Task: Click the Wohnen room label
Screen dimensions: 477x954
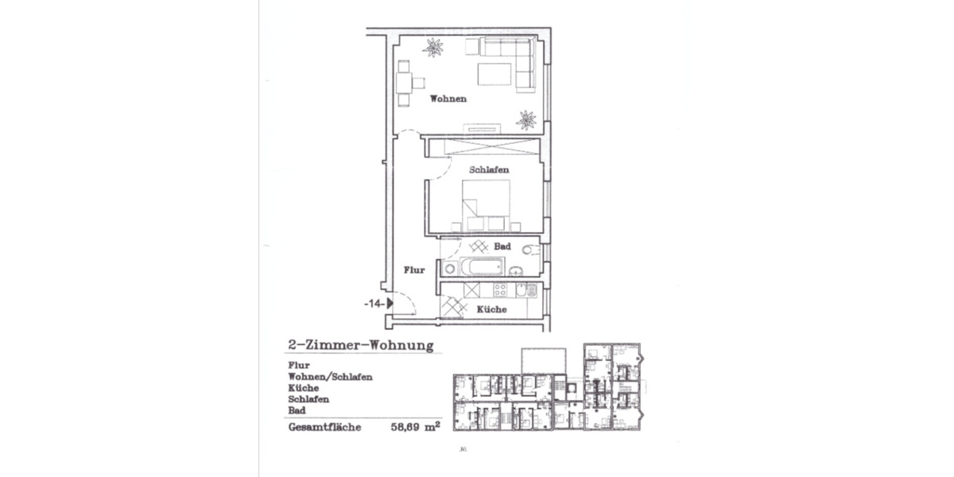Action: tap(448, 99)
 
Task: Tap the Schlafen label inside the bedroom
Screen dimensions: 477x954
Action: tap(489, 170)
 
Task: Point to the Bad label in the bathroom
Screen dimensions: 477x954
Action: tap(502, 246)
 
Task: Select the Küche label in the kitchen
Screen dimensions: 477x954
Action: tap(491, 309)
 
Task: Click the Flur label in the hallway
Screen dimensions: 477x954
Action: tap(413, 270)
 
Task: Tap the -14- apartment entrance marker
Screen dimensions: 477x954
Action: tap(378, 303)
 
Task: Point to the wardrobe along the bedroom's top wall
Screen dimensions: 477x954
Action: tap(481, 147)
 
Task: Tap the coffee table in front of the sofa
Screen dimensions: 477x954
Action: tap(494, 74)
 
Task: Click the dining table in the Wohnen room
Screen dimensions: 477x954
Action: tap(405, 81)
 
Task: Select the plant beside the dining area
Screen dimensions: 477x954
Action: tap(433, 48)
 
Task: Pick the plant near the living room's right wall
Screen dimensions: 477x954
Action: tap(525, 120)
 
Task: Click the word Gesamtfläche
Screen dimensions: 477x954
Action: tap(324, 427)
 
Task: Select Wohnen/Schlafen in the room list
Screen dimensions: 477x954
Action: tap(330, 377)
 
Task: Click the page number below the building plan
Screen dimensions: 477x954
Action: tap(462, 449)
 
